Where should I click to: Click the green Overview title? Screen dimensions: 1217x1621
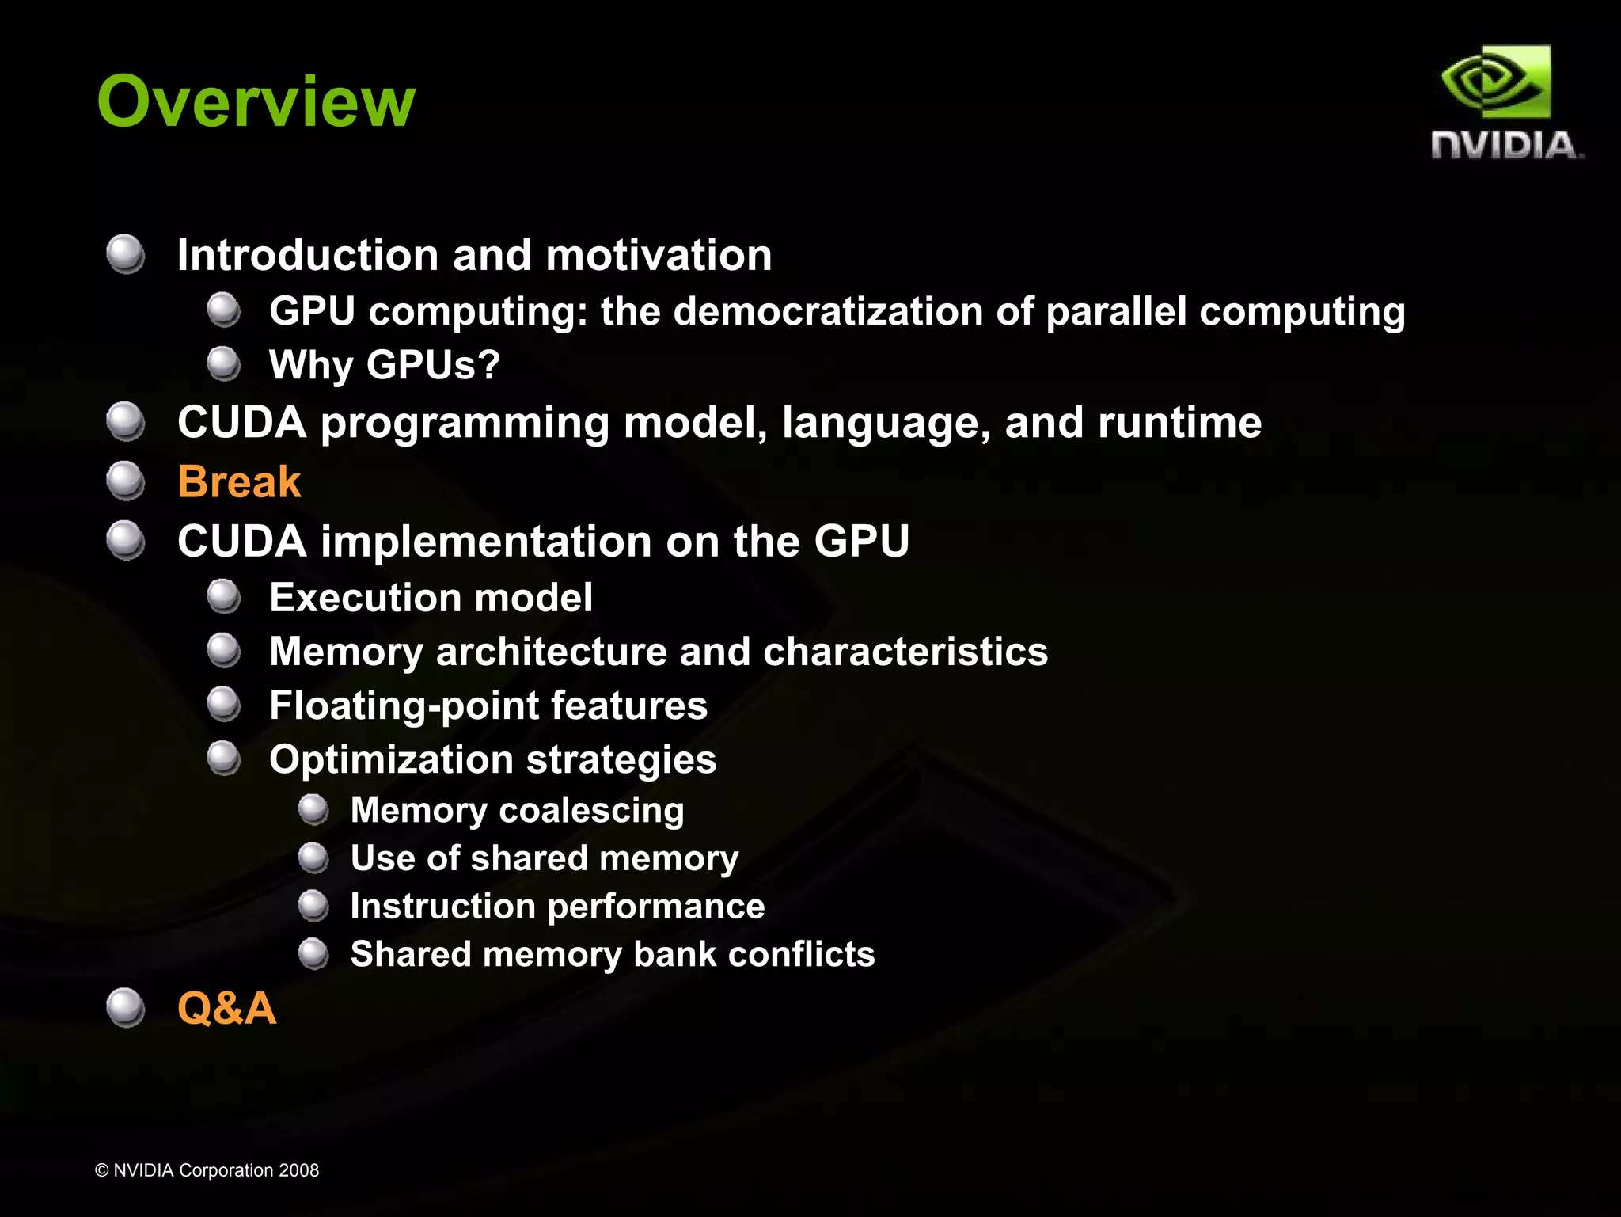click(256, 101)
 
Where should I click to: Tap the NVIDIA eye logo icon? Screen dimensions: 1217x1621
click(1495, 82)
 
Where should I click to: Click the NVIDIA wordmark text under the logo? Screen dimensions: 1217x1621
click(1505, 146)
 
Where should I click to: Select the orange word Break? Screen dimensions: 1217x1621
click(239, 481)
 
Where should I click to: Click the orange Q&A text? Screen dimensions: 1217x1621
click(227, 1008)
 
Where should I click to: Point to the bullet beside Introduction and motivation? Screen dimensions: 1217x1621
click(125, 254)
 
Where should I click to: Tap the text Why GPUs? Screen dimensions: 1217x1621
click(385, 365)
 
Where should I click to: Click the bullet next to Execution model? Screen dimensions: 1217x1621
click(224, 596)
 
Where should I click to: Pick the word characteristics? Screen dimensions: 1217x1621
click(905, 652)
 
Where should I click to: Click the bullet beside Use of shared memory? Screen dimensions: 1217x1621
click(313, 858)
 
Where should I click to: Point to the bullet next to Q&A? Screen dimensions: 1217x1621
click(125, 1007)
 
